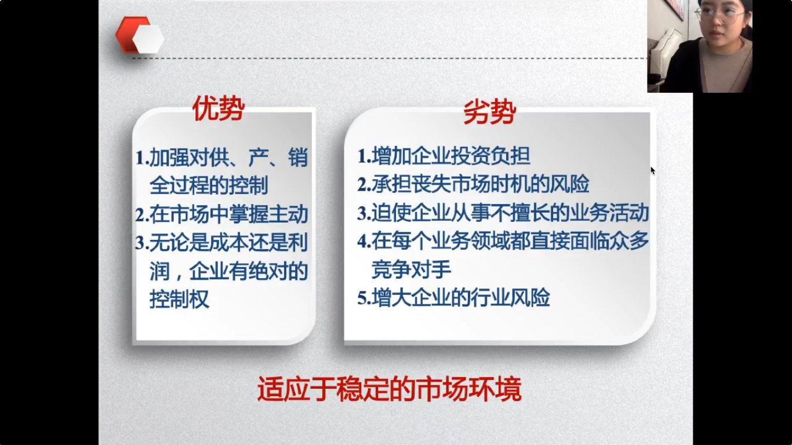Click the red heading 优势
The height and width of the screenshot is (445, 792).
tap(219, 108)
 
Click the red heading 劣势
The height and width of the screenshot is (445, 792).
tap(490, 112)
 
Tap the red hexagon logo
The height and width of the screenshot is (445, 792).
tap(140, 35)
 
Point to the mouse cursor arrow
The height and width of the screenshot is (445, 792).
tap(653, 171)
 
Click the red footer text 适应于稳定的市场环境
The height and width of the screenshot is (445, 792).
tap(389, 389)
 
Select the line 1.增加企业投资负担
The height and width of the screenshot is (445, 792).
tap(444, 156)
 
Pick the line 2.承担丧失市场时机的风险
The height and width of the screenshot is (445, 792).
tap(473, 184)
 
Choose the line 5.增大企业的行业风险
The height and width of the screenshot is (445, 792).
tap(453, 297)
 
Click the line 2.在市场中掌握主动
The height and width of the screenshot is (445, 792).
tap(221, 214)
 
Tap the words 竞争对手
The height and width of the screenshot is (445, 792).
tap(411, 269)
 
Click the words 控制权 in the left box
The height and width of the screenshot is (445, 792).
tap(179, 299)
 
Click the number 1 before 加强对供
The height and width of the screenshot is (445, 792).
tap(140, 158)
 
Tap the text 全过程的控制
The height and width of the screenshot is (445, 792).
tap(209, 185)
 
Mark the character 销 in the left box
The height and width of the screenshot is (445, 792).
tap(298, 157)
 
